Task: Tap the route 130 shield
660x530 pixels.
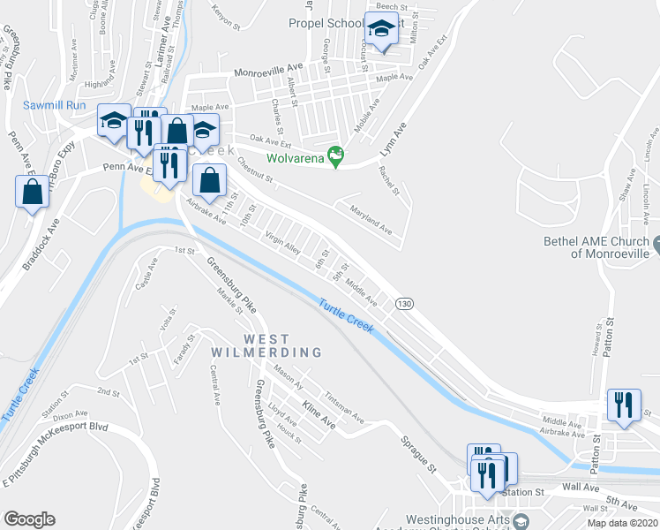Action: pos(404,303)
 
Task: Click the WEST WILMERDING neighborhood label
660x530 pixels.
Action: pos(266,345)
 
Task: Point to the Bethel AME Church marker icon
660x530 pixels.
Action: pos(657,241)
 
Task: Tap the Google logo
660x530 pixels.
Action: pos(29,519)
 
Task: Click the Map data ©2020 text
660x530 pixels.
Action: pos(623,523)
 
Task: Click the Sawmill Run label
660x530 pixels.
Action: pos(54,104)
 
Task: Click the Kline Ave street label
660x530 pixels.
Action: pos(319,412)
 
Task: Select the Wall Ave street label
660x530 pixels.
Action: pos(581,487)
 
